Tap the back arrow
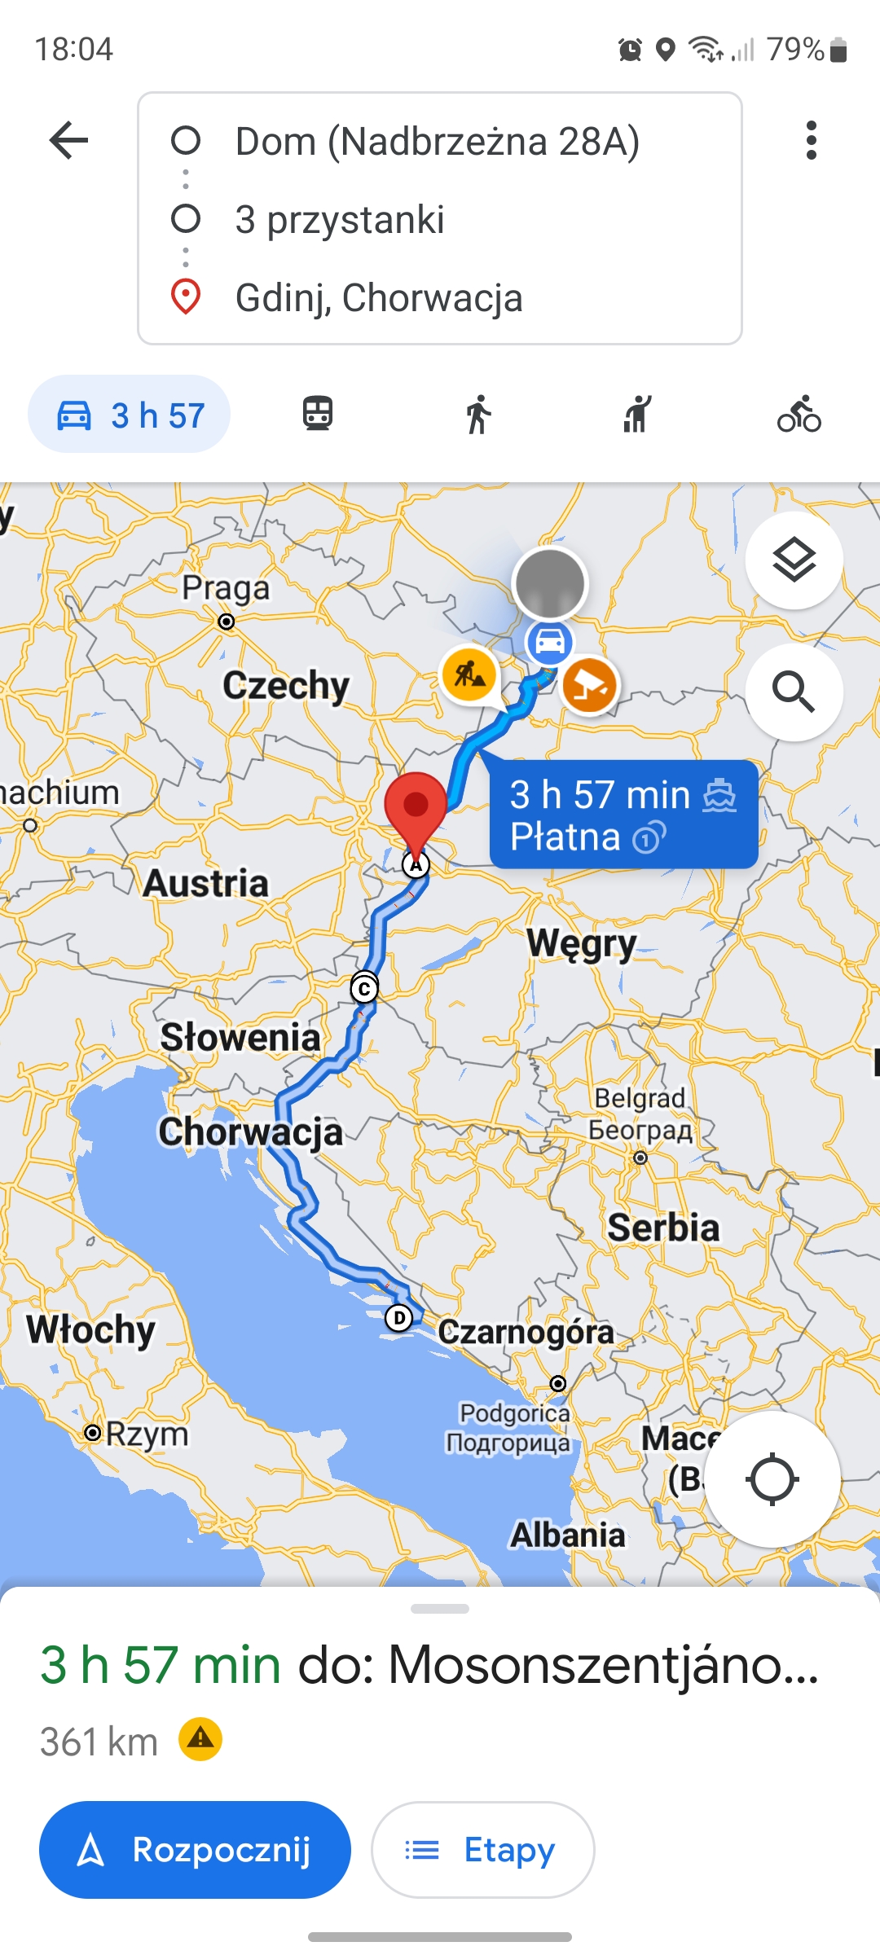coord(68,140)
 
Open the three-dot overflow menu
coord(810,140)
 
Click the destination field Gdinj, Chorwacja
coord(378,298)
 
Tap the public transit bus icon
coord(318,414)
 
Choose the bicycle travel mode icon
coord(799,414)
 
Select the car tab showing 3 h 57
coord(130,415)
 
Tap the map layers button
coord(794,560)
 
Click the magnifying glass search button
coord(794,692)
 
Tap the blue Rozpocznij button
coord(195,1849)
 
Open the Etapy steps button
coord(482,1849)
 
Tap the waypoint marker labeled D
coord(398,1317)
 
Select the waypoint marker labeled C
coord(364,989)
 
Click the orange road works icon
coord(469,674)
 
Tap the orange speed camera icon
coord(590,685)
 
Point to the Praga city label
coord(225,588)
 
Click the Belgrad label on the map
coord(640,1098)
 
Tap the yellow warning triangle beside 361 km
coord(200,1739)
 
